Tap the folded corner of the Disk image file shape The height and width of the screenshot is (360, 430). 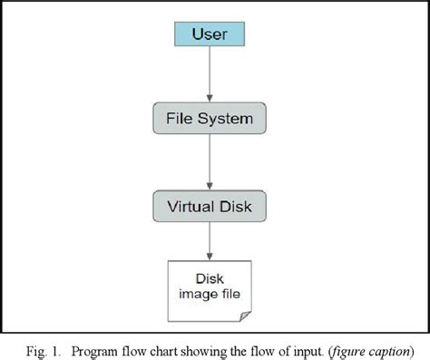[245, 314]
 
